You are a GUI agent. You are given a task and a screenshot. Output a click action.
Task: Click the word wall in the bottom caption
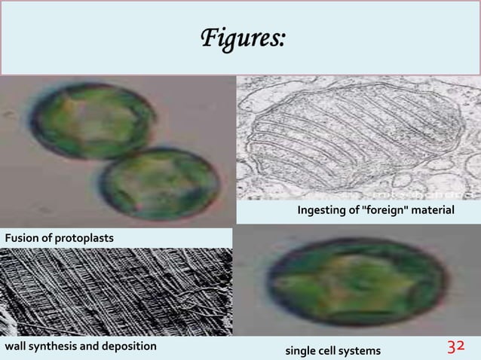click(x=16, y=346)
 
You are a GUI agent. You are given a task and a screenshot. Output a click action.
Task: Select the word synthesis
click(x=55, y=346)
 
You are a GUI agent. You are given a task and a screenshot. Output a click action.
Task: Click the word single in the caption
click(x=299, y=350)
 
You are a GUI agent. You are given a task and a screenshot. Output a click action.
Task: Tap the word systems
click(x=360, y=350)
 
